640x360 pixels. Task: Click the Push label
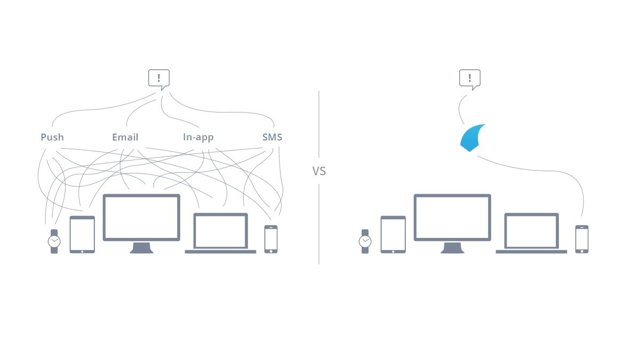tap(52, 137)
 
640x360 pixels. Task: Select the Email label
tap(125, 137)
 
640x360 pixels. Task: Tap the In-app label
tap(198, 137)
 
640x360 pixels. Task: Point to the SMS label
tap(272, 137)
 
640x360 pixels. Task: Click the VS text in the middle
tap(319, 171)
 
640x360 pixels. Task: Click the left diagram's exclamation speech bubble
tap(158, 79)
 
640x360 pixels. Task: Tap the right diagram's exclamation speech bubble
tap(470, 79)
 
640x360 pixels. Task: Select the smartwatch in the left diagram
tap(54, 241)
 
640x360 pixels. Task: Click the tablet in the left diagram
tap(82, 234)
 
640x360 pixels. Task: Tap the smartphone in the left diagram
tap(271, 239)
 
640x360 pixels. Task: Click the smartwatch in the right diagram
tap(365, 241)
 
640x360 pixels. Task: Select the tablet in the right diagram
tap(393, 234)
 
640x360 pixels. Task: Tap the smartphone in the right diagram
tap(582, 239)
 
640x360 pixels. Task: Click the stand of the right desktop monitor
tap(452, 248)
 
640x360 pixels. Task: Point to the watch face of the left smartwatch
tap(54, 241)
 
